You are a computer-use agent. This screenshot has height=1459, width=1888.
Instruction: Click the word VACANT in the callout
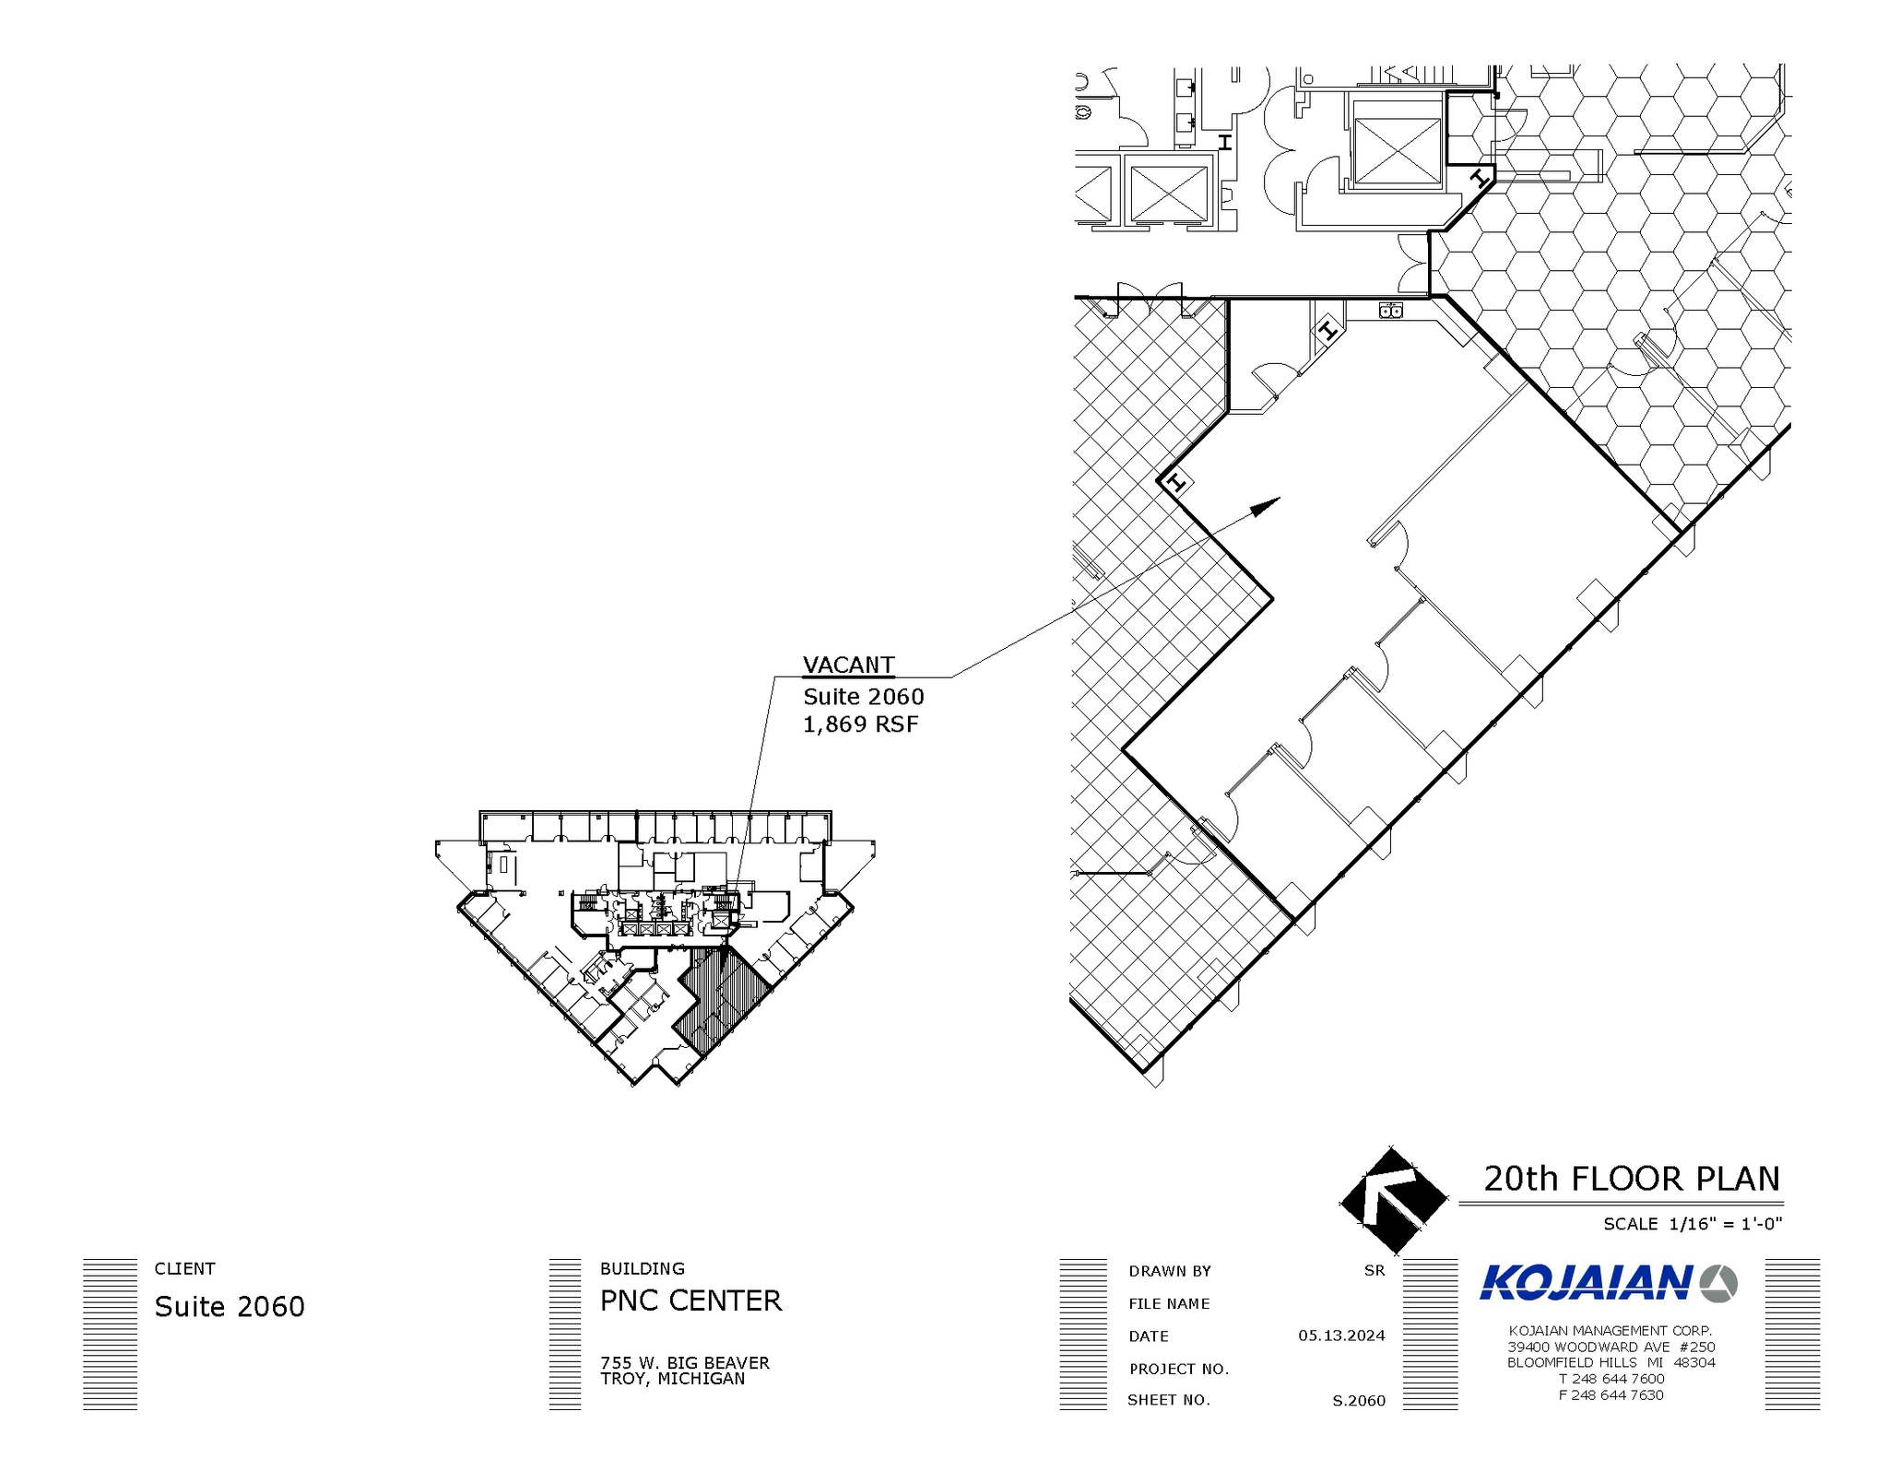[848, 665]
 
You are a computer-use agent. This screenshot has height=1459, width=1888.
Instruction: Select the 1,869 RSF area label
[860, 724]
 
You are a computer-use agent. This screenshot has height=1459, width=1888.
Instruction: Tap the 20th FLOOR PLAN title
[1631, 1179]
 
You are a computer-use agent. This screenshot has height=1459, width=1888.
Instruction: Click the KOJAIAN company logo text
[1586, 1283]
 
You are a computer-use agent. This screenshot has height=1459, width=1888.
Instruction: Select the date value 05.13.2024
[1341, 1335]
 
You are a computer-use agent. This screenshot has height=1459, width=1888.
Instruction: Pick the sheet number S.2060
[1358, 1401]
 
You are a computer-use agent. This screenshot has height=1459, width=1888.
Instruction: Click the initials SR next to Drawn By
[1374, 1270]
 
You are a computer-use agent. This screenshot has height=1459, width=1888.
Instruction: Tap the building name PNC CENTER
[690, 1300]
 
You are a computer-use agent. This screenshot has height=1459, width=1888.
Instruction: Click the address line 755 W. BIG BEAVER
[684, 1362]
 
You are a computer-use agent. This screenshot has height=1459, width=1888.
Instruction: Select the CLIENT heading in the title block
[184, 1268]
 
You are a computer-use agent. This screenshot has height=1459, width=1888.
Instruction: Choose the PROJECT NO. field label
[1179, 1369]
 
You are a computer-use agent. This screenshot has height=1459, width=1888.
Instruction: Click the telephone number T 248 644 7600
[1611, 1379]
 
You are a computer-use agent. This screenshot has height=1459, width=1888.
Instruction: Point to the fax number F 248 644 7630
[1611, 1394]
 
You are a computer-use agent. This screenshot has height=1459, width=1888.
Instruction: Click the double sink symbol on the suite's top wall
[1391, 311]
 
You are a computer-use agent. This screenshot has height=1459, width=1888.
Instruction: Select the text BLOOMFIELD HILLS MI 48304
[1611, 1362]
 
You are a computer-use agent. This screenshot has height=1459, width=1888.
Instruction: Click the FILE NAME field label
[1169, 1303]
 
